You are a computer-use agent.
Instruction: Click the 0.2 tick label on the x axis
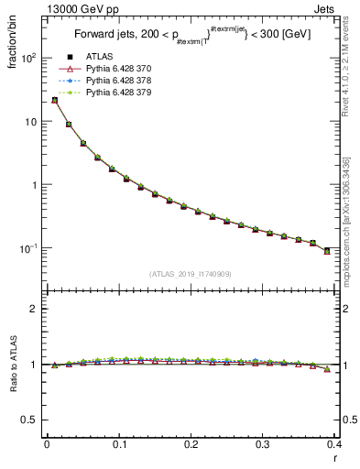[191, 444]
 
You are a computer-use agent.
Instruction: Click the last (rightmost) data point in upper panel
[327, 250]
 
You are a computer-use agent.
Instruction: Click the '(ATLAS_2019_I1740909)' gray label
[191, 273]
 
